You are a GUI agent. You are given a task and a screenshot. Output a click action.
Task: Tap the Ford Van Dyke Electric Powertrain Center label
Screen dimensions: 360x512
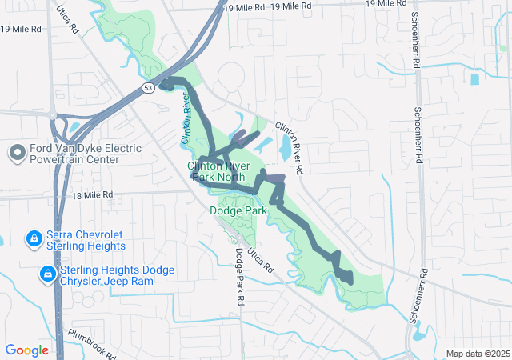86,154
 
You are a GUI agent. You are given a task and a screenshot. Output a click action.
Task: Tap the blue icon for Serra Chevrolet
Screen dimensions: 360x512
34,238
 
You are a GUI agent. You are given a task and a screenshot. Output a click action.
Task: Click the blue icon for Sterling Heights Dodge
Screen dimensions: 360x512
47,275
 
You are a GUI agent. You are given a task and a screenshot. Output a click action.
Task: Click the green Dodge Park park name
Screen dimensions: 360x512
238,210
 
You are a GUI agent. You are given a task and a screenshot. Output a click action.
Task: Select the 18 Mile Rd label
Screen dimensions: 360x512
92,194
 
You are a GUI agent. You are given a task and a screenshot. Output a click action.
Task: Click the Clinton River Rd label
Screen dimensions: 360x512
290,149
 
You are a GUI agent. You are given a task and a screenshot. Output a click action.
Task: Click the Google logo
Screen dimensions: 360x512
27,350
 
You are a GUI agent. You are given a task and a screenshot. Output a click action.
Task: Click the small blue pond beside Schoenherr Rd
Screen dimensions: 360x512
475,79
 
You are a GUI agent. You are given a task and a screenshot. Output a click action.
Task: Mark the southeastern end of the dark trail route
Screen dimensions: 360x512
350,280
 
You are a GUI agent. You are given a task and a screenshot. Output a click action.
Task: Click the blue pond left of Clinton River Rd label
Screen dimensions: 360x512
286,146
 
